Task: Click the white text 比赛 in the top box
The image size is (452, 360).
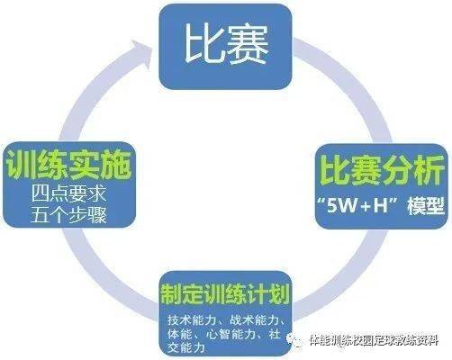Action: coord(226,44)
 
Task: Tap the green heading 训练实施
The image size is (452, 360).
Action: coord(68,165)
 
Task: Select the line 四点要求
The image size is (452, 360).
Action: coord(68,193)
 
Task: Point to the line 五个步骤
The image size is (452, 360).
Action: coord(68,214)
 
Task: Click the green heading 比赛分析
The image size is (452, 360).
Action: coord(382,170)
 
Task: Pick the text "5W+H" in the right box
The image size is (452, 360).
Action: coord(360,206)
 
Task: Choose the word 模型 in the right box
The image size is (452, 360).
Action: coord(426,206)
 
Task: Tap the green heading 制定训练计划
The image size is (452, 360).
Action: coord(225,293)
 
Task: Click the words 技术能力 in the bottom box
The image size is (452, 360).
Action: coord(192,320)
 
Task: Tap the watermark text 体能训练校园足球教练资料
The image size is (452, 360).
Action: coord(374,340)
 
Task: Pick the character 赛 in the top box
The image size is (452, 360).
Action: coord(248,44)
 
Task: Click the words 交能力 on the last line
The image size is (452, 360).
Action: coord(186,348)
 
